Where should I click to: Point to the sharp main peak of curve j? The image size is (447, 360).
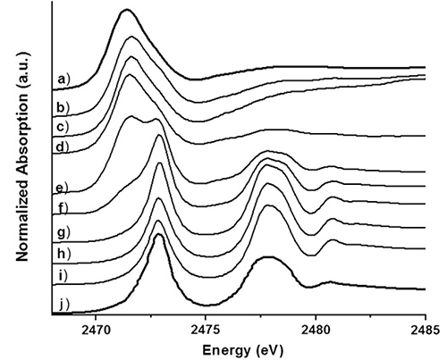159,236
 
